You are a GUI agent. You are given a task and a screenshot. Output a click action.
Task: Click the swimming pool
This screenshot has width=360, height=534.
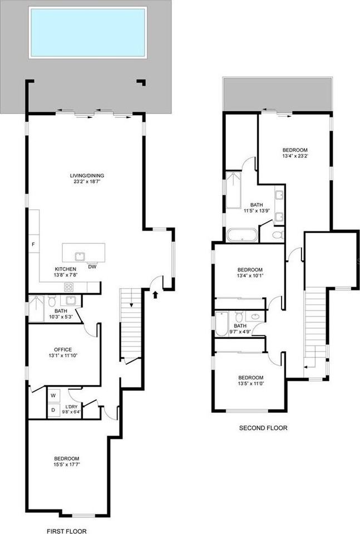88,32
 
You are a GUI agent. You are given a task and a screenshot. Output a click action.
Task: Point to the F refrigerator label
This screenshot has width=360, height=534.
33,244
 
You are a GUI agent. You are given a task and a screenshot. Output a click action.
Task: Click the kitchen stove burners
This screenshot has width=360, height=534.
69,287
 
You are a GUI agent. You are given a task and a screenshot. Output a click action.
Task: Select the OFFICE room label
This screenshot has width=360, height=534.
63,349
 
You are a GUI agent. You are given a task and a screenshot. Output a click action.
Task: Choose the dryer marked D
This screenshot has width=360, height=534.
53,411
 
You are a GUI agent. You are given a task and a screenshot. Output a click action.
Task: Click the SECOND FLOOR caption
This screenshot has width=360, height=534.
263,428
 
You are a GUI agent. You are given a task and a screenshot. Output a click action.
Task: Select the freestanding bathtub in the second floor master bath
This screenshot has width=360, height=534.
242,235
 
